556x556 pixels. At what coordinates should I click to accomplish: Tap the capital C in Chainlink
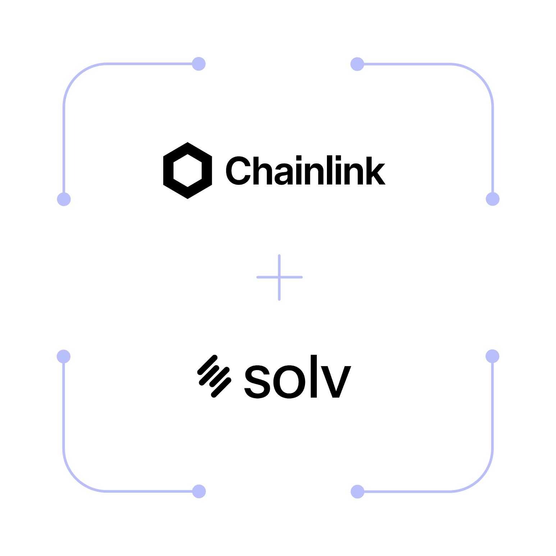point(238,170)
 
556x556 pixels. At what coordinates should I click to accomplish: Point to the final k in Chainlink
point(376,170)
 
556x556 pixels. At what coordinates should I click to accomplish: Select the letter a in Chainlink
point(284,174)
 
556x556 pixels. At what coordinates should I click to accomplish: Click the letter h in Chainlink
point(263,170)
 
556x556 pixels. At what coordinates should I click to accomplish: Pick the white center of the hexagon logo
point(187,170)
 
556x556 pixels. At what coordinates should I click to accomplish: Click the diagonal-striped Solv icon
point(214,376)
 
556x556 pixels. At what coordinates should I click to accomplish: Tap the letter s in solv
point(257,382)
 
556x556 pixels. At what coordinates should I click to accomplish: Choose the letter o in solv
point(289,382)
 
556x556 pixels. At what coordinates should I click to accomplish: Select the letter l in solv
point(314,376)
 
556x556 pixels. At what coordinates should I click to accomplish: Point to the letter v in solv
point(336,382)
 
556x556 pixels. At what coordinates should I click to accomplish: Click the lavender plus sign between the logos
point(279,277)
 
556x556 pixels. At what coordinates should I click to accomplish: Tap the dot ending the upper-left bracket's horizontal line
point(199,64)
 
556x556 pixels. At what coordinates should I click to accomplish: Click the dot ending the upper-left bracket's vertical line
point(64,199)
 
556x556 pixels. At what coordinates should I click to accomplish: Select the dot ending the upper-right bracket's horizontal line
point(357,64)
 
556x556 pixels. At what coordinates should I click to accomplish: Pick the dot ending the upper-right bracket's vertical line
point(493,199)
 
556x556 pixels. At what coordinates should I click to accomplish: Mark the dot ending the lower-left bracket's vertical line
point(64,356)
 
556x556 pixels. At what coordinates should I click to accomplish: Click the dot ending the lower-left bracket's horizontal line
point(199,491)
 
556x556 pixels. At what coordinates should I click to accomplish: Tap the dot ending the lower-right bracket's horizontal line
point(357,491)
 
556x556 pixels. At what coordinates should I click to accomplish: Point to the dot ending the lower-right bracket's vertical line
point(492,356)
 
